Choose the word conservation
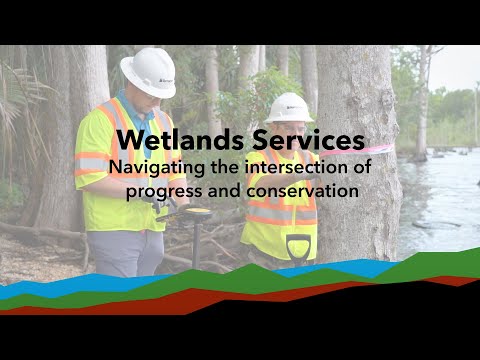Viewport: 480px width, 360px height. coord(302,189)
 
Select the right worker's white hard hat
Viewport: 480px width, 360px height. coord(289,107)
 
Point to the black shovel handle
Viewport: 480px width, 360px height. coord(298,245)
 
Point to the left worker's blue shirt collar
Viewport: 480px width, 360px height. coord(127,104)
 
